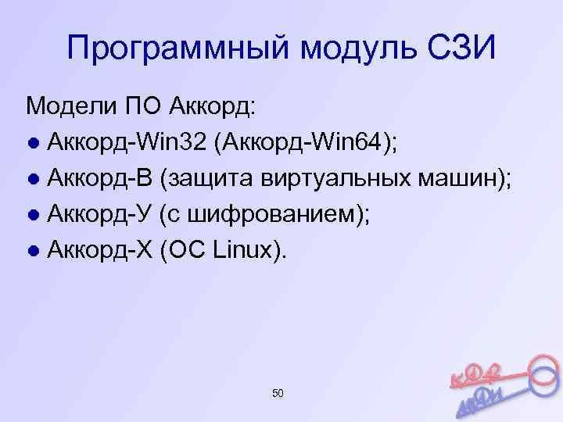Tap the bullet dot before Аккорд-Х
pyautogui.click(x=33, y=252)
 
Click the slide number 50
pyautogui.click(x=278, y=393)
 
